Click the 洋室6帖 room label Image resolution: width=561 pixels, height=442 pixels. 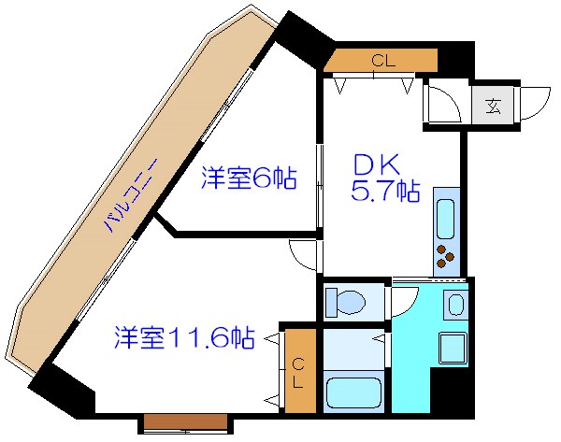click(249, 178)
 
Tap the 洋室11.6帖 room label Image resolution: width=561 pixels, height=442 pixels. click(185, 336)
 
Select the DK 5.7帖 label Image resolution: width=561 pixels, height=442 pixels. click(384, 178)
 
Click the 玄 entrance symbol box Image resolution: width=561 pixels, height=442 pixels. click(492, 103)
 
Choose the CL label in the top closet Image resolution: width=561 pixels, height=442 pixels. click(381, 61)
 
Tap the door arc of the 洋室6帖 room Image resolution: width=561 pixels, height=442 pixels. click(303, 253)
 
